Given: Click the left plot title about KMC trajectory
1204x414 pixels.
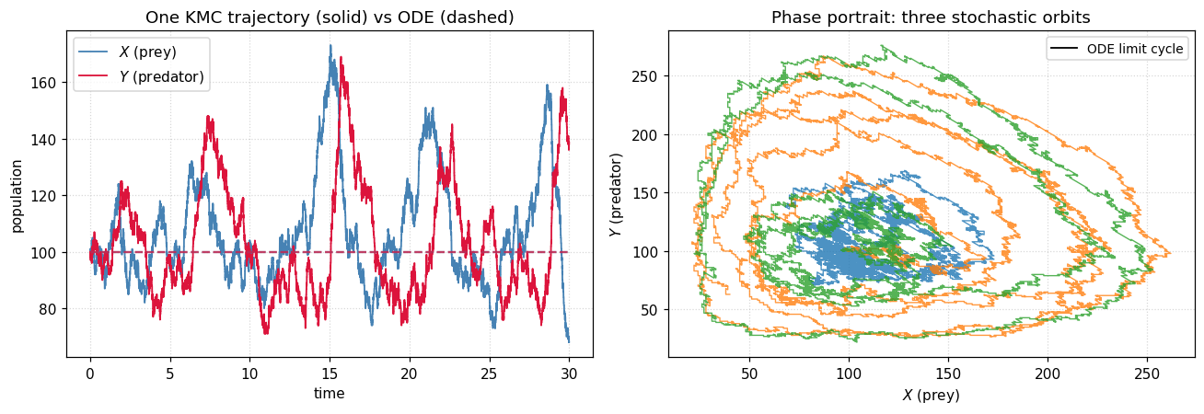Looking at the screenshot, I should (x=330, y=17).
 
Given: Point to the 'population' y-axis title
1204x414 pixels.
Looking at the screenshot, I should (x=17, y=195).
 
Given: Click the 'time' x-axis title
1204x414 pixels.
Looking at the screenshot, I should (x=329, y=393).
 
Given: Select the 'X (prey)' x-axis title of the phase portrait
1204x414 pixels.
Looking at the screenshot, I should (x=932, y=395).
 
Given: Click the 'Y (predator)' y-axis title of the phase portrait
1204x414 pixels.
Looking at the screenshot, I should (x=616, y=194).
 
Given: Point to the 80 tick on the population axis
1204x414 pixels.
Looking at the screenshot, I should (x=51, y=309).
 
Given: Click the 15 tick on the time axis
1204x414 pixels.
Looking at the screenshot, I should (x=330, y=374).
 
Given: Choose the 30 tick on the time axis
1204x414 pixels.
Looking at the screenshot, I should (x=569, y=374).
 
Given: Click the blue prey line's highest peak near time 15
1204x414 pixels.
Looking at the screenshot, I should (x=330, y=45).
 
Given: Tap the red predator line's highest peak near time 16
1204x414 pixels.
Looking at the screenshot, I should (x=341, y=57).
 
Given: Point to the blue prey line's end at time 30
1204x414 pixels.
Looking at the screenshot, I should (x=569, y=342).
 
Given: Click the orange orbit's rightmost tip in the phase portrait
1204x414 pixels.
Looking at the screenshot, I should (x=1170, y=253).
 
